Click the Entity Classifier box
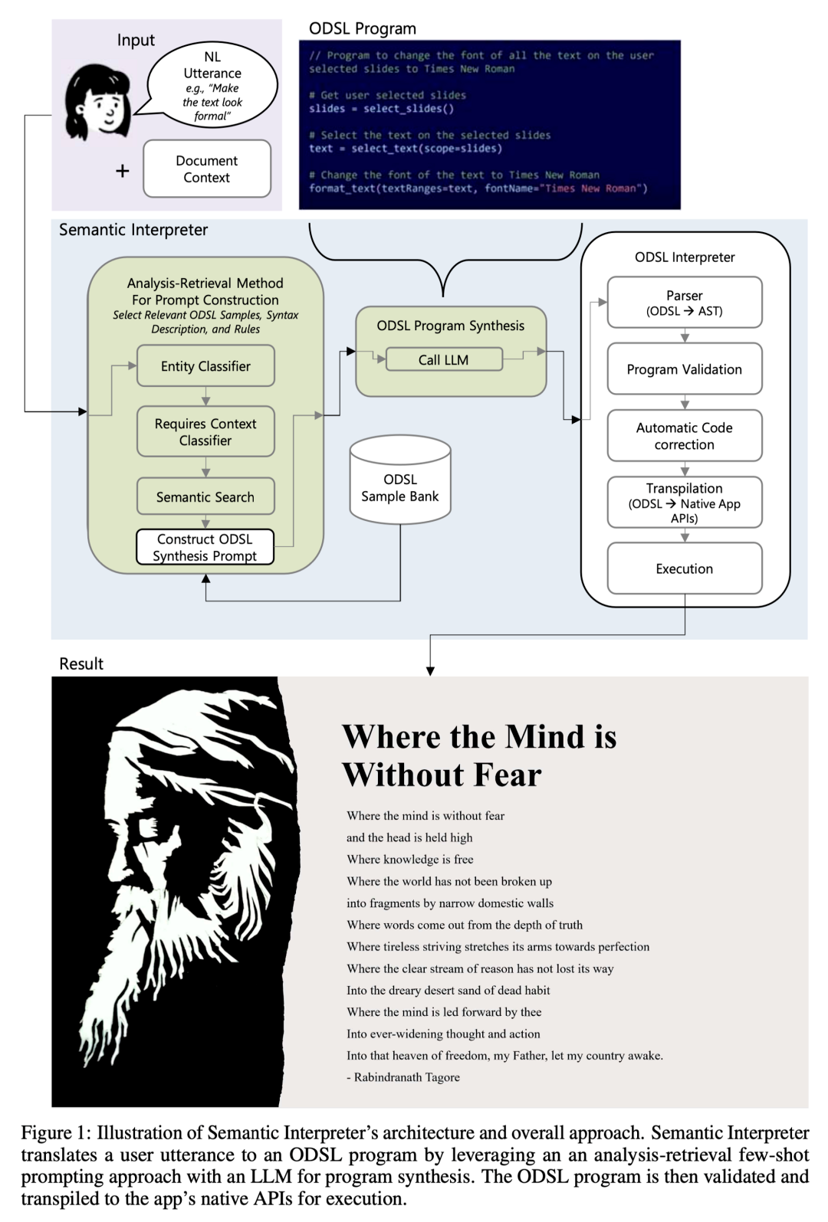point(205,366)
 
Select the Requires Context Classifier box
point(205,432)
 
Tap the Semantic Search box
point(205,497)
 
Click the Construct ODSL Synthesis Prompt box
point(205,548)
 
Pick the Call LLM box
point(444,360)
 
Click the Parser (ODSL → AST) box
point(685,303)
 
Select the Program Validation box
point(685,369)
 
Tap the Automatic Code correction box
point(685,436)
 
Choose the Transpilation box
point(685,503)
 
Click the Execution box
point(685,568)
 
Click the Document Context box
point(207,169)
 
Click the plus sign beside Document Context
point(123,171)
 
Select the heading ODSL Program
point(363,29)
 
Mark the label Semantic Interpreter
point(133,230)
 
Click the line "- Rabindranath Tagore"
point(403,1077)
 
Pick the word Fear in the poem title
point(508,775)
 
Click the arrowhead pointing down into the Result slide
point(431,671)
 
